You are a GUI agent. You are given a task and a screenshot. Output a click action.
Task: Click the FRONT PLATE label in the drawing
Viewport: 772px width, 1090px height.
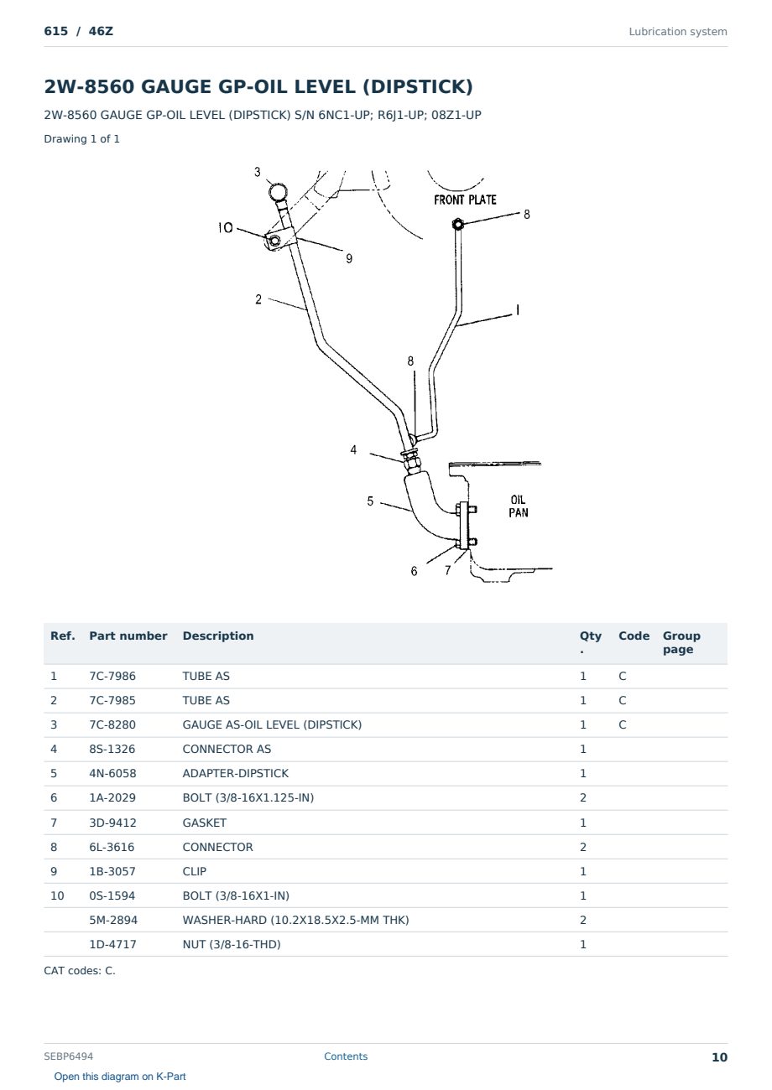(465, 200)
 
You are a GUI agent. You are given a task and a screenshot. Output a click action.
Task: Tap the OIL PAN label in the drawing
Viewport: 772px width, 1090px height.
(519, 506)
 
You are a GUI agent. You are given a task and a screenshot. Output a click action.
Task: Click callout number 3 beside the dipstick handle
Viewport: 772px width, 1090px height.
(257, 172)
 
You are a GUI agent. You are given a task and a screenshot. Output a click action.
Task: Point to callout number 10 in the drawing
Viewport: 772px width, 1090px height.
(225, 228)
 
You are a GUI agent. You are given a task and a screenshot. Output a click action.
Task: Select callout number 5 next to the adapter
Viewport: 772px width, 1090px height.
(370, 501)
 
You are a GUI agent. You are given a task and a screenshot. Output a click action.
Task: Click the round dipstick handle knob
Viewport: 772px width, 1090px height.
(278, 192)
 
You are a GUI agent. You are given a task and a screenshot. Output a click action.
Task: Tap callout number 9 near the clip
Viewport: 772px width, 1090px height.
(349, 258)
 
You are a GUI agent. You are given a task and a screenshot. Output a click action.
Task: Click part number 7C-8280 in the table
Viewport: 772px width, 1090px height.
(112, 724)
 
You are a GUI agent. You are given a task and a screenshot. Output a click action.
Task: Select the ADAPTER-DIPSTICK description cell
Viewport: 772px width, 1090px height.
(235, 773)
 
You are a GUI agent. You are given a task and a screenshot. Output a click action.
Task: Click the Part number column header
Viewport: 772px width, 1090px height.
(128, 636)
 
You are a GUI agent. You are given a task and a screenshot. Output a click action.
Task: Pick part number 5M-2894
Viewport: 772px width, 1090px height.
(113, 920)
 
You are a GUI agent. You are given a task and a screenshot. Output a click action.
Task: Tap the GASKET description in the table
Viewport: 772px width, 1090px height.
(205, 823)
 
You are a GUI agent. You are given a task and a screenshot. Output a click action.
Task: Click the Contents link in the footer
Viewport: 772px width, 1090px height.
(346, 1056)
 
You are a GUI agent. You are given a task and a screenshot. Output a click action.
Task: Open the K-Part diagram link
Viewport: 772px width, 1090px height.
(120, 1077)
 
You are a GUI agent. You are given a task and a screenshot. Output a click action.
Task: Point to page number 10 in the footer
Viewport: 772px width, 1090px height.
(719, 1057)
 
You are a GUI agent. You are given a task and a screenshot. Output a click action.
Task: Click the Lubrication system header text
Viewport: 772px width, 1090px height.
(678, 32)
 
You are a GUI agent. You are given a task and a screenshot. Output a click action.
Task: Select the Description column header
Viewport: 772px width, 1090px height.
(218, 636)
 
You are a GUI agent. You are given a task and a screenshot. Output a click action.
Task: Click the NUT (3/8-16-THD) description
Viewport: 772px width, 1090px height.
(232, 944)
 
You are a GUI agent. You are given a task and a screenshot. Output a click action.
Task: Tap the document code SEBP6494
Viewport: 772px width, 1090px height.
(68, 1056)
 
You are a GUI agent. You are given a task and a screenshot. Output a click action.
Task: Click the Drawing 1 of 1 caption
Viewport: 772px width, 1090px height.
(82, 138)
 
